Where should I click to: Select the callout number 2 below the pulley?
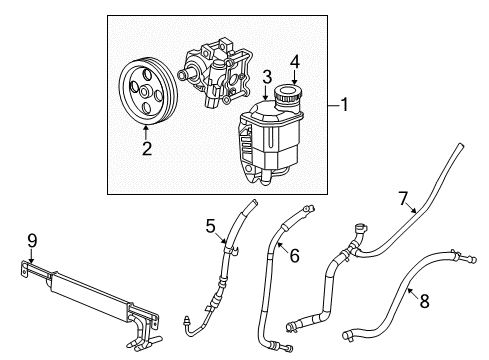(146, 150)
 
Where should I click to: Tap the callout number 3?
(266, 76)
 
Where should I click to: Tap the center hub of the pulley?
(146, 92)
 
